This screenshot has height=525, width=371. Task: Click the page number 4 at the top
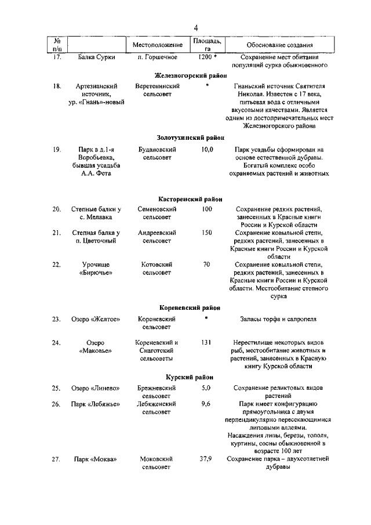[x=196, y=28]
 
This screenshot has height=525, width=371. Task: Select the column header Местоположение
[x=157, y=45]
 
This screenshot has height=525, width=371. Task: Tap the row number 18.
[x=57, y=86]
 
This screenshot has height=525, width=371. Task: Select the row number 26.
[x=57, y=404]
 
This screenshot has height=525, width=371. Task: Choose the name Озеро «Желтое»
[x=94, y=319]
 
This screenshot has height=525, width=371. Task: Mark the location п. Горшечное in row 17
[x=157, y=57]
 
